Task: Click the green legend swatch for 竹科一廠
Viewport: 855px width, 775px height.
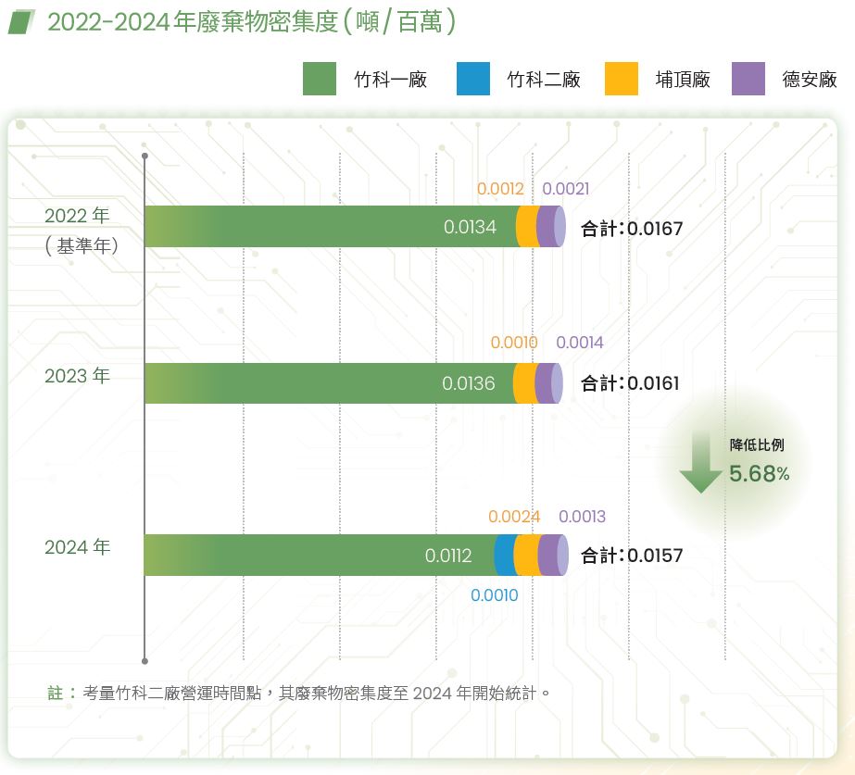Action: pyautogui.click(x=320, y=79)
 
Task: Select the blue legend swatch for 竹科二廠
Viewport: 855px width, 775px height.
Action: pyautogui.click(x=473, y=79)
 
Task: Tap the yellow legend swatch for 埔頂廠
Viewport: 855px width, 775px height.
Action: pyautogui.click(x=622, y=79)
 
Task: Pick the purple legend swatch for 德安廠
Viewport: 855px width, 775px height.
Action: pyautogui.click(x=748, y=79)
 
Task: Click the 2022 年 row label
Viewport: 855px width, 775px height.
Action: pyautogui.click(x=77, y=216)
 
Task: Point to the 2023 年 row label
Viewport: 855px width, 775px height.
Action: pyautogui.click(x=77, y=376)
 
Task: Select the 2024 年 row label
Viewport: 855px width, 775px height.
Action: pyautogui.click(x=77, y=547)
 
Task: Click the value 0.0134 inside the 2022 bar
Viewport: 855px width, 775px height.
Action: pyautogui.click(x=470, y=227)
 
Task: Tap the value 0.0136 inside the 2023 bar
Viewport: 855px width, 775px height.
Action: pyautogui.click(x=468, y=383)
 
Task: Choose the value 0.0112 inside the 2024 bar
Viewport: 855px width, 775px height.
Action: pyautogui.click(x=448, y=556)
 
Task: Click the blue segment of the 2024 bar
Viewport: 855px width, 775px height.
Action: pyautogui.click(x=504, y=556)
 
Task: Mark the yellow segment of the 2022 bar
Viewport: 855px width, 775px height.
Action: pyautogui.click(x=526, y=227)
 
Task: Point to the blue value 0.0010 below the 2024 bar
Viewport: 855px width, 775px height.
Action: pyautogui.click(x=494, y=595)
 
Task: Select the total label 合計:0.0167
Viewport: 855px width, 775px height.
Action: pyautogui.click(x=632, y=228)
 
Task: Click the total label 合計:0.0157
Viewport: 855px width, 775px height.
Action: pyautogui.click(x=632, y=556)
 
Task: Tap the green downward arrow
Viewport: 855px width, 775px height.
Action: pyautogui.click(x=700, y=468)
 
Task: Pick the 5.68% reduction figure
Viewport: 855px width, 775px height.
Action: pyautogui.click(x=759, y=474)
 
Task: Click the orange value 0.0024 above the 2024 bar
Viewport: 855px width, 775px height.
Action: pyautogui.click(x=514, y=517)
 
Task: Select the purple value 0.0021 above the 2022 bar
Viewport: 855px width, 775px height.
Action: pyautogui.click(x=566, y=189)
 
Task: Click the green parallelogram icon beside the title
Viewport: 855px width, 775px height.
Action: pyautogui.click(x=22, y=21)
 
